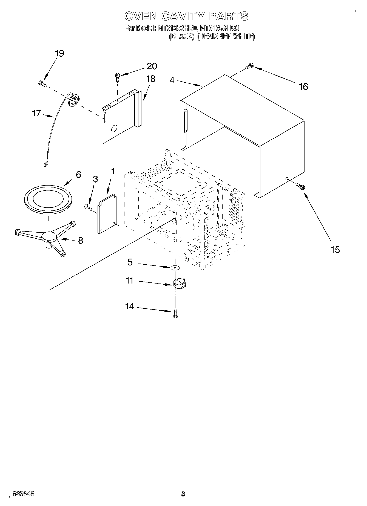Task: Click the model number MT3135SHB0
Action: click(x=177, y=28)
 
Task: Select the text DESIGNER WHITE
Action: click(x=226, y=36)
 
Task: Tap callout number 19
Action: click(x=59, y=53)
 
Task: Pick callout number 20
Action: click(x=152, y=66)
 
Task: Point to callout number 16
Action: click(x=303, y=86)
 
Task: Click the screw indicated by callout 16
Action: click(x=250, y=66)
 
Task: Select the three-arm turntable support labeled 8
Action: click(x=49, y=237)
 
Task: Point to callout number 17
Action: click(x=36, y=113)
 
